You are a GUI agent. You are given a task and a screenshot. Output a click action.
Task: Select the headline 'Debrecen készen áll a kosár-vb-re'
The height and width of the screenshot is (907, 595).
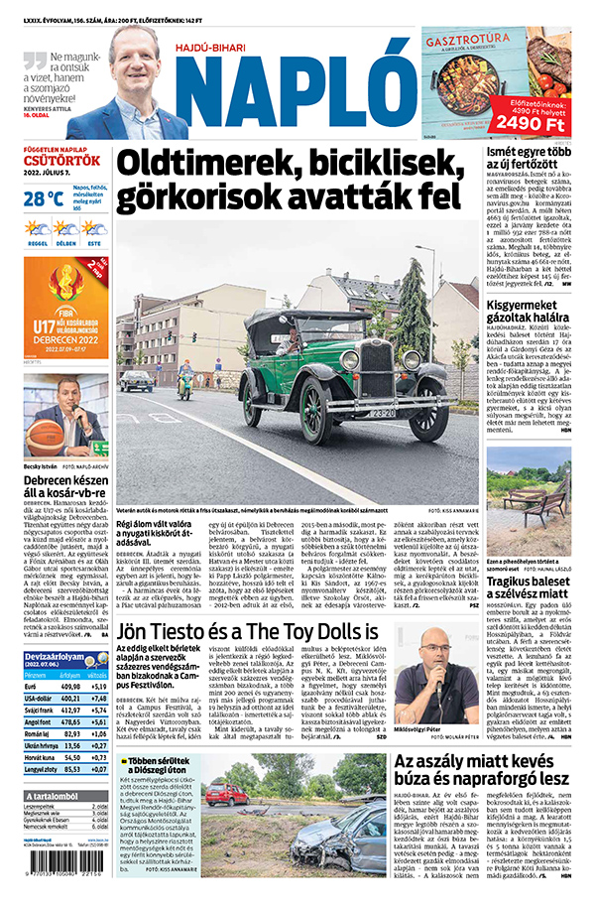(x=65, y=482)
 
